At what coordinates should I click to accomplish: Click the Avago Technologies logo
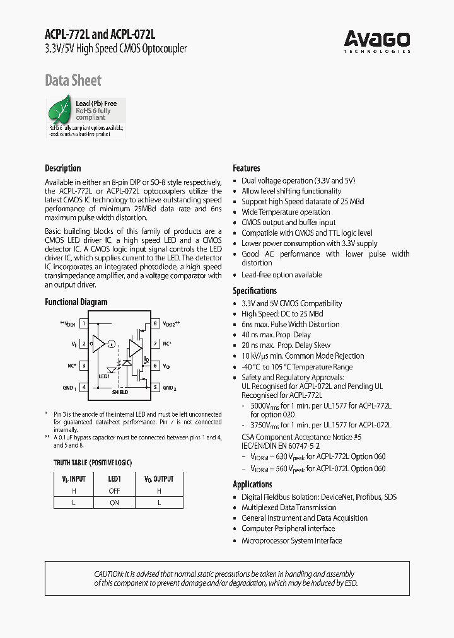click(377, 42)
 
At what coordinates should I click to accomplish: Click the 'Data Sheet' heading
click(73, 80)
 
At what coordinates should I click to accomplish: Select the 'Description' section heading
click(63, 168)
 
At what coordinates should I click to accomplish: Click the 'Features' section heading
click(247, 168)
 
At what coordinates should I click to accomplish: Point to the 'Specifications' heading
click(255, 291)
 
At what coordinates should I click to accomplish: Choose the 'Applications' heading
click(252, 484)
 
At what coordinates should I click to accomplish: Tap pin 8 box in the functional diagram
click(155, 323)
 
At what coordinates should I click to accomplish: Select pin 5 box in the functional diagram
click(155, 387)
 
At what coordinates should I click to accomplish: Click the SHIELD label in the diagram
click(120, 392)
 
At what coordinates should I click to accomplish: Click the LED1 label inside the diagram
click(104, 376)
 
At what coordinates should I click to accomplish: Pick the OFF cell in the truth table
click(114, 490)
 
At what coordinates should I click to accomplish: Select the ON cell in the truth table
click(114, 502)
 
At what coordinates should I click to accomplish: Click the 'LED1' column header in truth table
click(114, 479)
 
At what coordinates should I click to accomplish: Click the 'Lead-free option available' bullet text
click(281, 275)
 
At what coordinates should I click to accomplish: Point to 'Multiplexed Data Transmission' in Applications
click(289, 507)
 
